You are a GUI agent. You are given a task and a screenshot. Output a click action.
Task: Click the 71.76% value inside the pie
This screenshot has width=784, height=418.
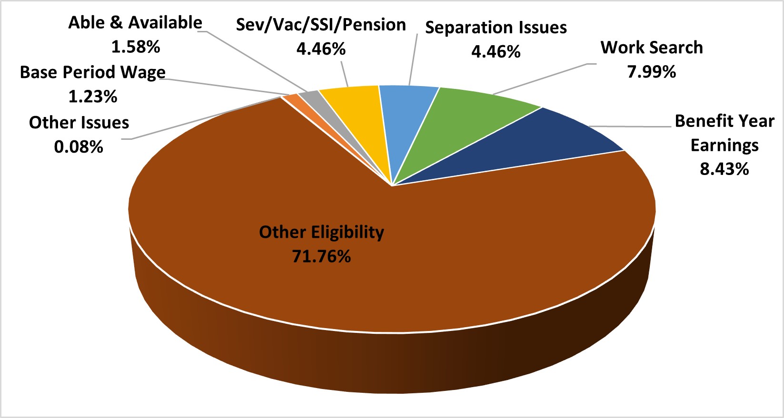(321, 257)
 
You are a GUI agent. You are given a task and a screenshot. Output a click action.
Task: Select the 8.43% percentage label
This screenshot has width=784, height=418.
(724, 169)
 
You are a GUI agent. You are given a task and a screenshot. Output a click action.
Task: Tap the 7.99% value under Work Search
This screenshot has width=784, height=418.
(651, 72)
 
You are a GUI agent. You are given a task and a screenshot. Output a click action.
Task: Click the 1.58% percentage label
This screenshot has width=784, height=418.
(136, 47)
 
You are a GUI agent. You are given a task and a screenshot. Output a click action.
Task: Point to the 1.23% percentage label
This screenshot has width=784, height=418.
(93, 97)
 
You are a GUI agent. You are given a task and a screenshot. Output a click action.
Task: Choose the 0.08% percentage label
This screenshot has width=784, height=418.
(79, 147)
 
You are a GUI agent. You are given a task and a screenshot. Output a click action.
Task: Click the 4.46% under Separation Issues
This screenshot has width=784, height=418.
(496, 51)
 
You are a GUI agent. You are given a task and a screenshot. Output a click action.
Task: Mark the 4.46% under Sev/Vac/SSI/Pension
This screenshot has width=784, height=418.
(321, 49)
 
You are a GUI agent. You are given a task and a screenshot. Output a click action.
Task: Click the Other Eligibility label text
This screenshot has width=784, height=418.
(321, 232)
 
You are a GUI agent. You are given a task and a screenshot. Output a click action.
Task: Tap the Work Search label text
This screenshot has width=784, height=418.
(651, 48)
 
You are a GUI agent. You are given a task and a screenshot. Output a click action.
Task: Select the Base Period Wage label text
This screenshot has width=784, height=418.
(93, 72)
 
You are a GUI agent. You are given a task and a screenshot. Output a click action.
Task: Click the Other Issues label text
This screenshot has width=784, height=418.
(79, 123)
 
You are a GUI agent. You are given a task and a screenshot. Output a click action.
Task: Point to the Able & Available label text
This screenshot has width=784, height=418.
(135, 22)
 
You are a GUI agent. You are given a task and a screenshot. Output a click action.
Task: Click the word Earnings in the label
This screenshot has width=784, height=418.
(724, 145)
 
